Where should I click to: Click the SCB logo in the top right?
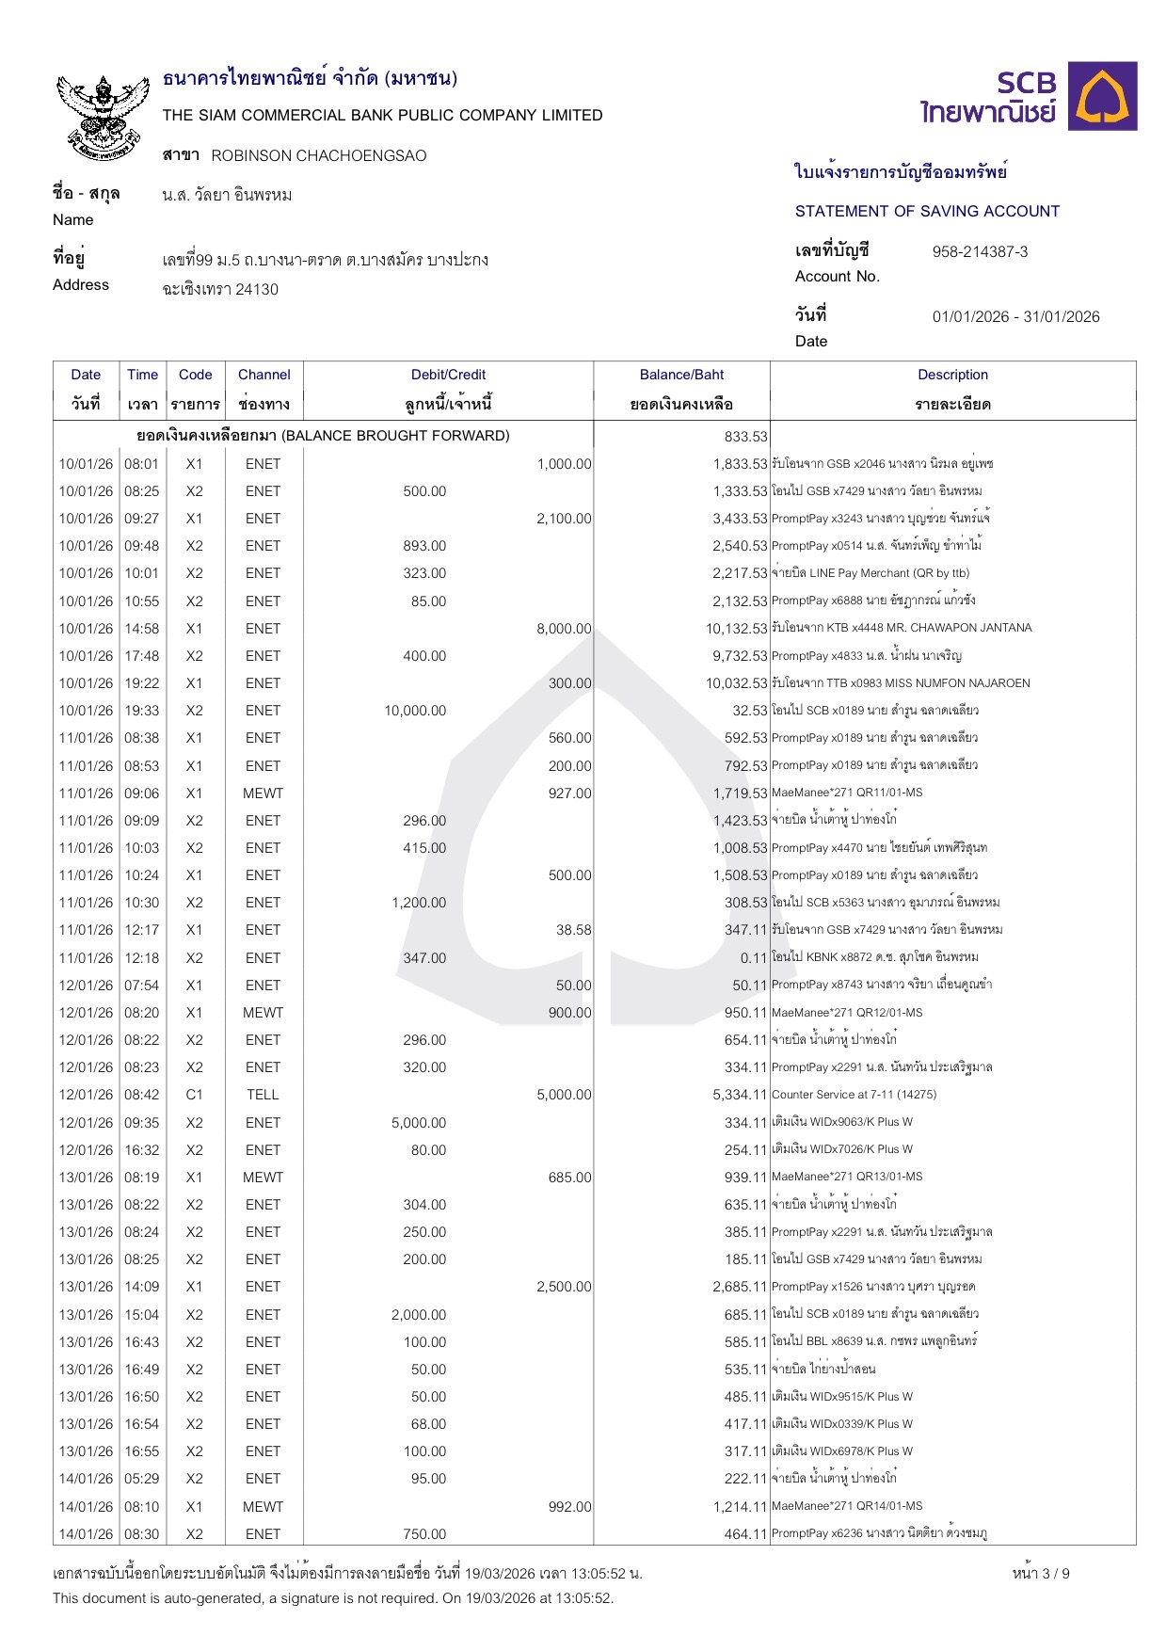click(x=1028, y=97)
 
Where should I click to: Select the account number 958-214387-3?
click(x=980, y=251)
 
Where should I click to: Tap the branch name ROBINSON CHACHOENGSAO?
click(x=318, y=156)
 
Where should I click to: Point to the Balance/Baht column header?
click(x=681, y=375)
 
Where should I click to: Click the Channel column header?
click(x=264, y=375)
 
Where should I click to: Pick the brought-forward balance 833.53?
click(x=746, y=437)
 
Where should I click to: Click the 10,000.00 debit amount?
click(x=415, y=711)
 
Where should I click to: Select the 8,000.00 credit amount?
click(x=564, y=629)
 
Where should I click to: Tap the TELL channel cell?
click(x=263, y=1095)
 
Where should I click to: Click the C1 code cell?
click(x=194, y=1095)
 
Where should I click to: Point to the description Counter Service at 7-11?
click(x=854, y=1095)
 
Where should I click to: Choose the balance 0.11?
click(x=754, y=958)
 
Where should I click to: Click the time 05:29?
click(x=142, y=1479)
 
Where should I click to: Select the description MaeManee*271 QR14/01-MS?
click(x=847, y=1506)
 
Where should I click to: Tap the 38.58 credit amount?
click(x=573, y=930)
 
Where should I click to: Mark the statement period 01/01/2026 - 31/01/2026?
click(x=1015, y=317)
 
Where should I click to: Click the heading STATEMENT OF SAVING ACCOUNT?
click(x=927, y=212)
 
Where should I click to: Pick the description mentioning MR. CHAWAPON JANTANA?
click(x=901, y=628)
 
